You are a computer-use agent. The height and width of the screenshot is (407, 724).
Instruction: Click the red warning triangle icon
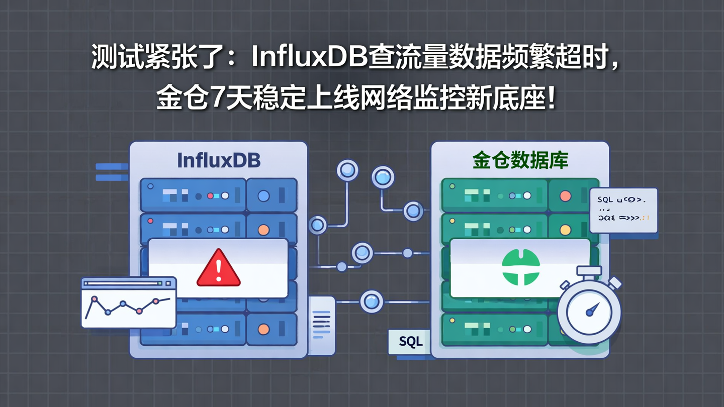pos(218,268)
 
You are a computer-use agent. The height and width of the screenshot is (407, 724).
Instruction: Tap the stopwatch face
pos(589,312)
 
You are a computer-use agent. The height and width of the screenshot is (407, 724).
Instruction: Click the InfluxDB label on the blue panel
pos(219,160)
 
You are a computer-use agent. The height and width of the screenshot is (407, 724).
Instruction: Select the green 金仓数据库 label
pos(520,160)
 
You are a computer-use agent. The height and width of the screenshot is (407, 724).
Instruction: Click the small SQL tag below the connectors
pos(410,342)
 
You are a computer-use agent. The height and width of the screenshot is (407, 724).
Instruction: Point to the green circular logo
pos(520,268)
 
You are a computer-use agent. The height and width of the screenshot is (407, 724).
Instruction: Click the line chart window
pos(129,302)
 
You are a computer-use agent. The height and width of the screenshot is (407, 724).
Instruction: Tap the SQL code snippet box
pos(623,210)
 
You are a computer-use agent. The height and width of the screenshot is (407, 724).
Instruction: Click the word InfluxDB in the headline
pos(309,58)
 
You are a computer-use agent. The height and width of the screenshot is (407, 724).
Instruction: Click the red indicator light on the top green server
pos(565,196)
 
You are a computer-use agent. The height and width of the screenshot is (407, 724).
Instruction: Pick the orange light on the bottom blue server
pos(263,330)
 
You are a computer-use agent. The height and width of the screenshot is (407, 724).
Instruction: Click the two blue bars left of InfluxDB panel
pos(112,171)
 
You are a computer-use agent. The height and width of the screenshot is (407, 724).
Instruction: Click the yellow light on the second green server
pos(565,230)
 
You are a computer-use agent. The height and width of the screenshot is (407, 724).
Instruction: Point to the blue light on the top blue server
pos(263,196)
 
